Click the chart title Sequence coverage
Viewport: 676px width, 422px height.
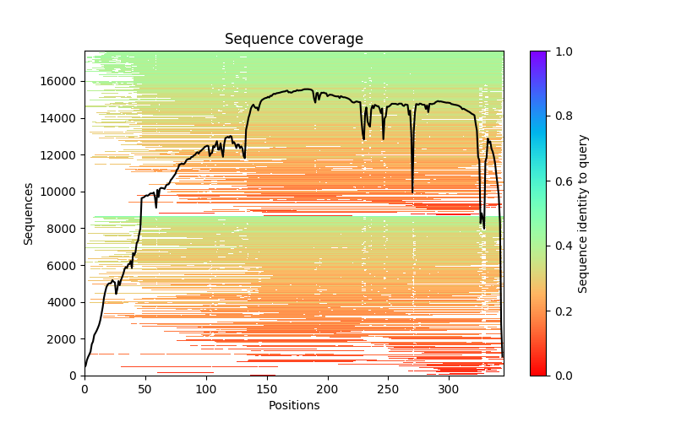[293, 40]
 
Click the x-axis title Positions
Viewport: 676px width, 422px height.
[293, 405]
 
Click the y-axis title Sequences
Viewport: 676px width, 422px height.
[29, 214]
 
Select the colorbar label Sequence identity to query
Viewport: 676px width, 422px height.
[583, 214]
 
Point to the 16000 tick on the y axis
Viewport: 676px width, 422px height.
[61, 81]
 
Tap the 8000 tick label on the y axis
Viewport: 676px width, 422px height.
[64, 229]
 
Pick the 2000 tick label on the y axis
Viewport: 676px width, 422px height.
[64, 339]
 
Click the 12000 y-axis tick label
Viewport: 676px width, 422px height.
[61, 155]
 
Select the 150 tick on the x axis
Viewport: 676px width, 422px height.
[266, 389]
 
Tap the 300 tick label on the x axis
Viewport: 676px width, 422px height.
[449, 389]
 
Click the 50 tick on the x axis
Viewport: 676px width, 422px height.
[145, 389]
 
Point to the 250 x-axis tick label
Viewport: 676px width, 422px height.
[388, 389]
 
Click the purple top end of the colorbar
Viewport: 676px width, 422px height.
[538, 54]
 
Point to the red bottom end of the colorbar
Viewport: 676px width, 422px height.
[538, 372]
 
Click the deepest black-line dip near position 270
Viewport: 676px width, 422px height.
[412, 192]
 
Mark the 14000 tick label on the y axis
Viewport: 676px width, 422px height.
[61, 118]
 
